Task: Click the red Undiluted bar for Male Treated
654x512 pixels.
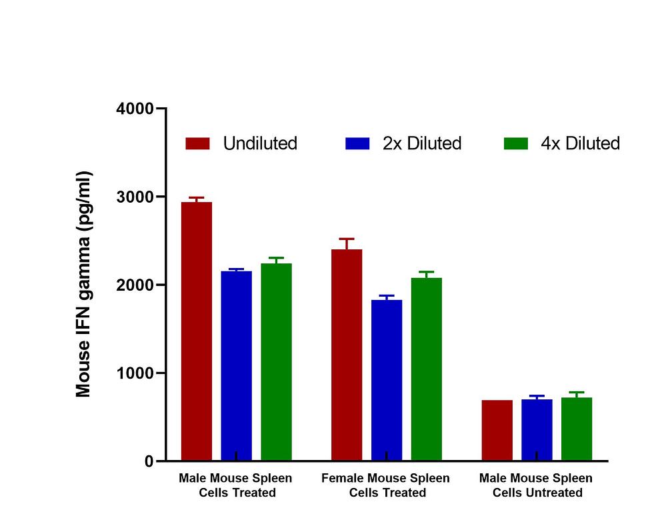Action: tap(197, 331)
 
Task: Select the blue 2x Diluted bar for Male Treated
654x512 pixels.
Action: tap(237, 365)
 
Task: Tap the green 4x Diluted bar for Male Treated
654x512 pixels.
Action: tap(276, 362)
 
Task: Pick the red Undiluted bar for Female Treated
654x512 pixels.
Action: tap(347, 355)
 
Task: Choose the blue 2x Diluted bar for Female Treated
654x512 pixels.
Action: tap(387, 380)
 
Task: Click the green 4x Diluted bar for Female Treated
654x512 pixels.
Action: tap(426, 369)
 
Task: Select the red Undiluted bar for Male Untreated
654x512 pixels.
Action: tap(497, 430)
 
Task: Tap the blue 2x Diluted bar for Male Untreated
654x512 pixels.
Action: tap(537, 430)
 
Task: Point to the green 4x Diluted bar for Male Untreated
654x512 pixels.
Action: tap(577, 429)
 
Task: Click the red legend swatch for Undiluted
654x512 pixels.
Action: tap(198, 143)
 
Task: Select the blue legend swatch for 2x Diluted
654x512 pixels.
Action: tap(357, 143)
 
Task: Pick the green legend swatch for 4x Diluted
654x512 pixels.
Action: tap(516, 143)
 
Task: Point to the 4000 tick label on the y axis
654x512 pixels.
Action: tap(135, 109)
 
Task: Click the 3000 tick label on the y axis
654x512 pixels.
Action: tap(135, 197)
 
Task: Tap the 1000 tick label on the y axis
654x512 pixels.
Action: tap(135, 373)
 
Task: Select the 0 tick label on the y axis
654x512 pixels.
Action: tap(149, 461)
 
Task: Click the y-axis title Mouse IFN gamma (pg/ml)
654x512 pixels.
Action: tap(83, 285)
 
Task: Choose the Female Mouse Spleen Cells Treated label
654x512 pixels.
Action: tap(386, 485)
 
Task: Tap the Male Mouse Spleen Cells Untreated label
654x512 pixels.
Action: tap(537, 485)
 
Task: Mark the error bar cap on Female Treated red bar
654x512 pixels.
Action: tap(347, 239)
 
